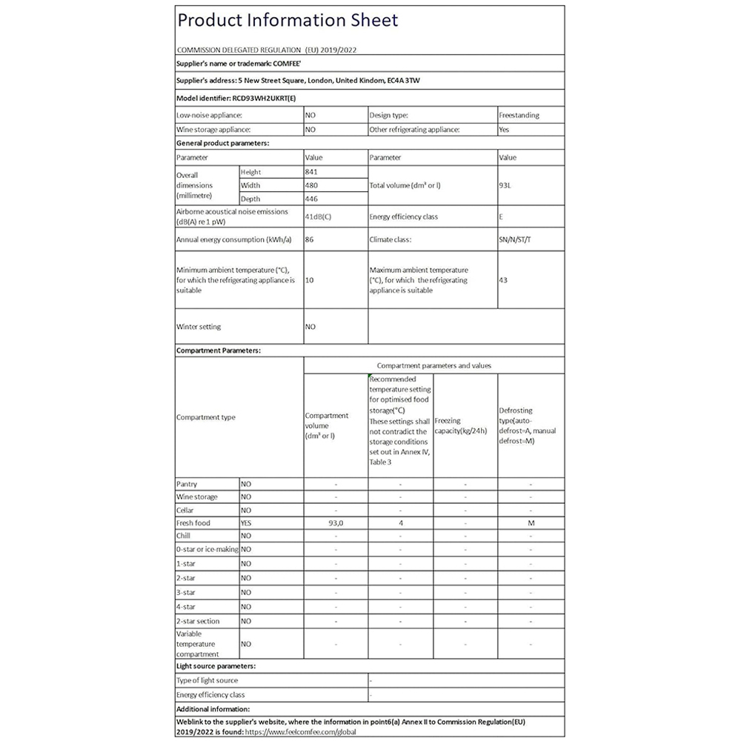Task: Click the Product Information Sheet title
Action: click(288, 19)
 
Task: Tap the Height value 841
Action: click(312, 172)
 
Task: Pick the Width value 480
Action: click(312, 185)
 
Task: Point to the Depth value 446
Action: click(312, 199)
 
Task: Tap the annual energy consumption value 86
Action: click(310, 240)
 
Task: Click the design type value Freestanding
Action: click(519, 116)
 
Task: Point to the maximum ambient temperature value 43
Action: click(504, 280)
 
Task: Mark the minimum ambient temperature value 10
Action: click(310, 280)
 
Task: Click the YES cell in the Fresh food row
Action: click(246, 523)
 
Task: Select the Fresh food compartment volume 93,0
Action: click(336, 523)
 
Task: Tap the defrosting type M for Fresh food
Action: click(531, 523)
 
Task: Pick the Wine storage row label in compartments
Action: click(197, 496)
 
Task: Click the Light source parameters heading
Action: click(216, 666)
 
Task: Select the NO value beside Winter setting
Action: click(310, 326)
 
